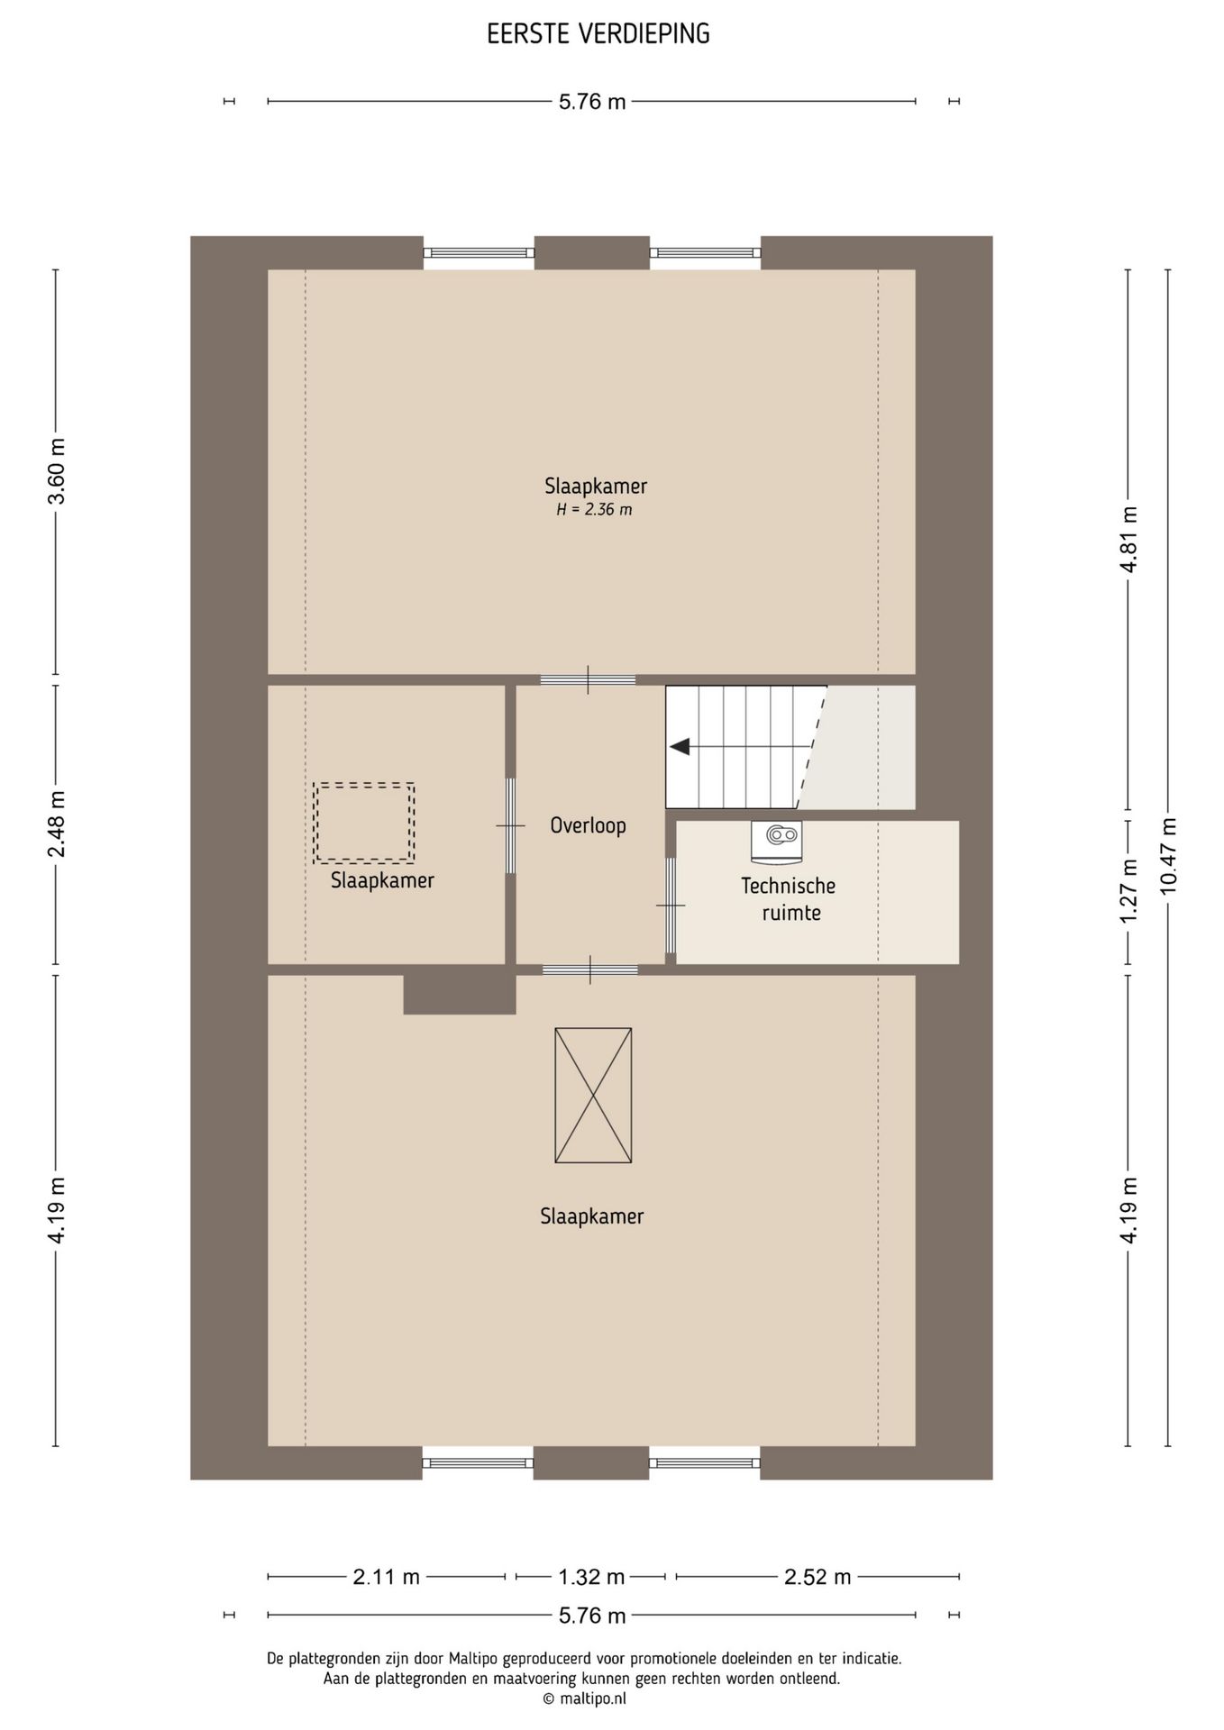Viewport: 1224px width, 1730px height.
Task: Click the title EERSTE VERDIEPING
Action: (x=598, y=34)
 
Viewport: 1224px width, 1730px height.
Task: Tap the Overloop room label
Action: (x=588, y=825)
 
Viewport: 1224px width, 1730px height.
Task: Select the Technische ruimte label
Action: (x=790, y=899)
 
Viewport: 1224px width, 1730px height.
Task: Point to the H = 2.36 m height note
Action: (x=594, y=510)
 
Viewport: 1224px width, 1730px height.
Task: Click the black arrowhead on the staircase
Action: (x=680, y=747)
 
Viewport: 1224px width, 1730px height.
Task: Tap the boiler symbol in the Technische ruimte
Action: (x=776, y=837)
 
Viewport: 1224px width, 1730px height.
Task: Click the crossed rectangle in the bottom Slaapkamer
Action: (x=593, y=1095)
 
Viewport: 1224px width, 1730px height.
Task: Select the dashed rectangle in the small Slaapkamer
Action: (x=364, y=823)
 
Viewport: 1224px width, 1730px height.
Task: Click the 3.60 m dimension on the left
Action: (x=56, y=473)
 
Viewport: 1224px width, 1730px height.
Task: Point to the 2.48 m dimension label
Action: (x=56, y=824)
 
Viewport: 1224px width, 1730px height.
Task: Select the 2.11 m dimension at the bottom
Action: (x=386, y=1577)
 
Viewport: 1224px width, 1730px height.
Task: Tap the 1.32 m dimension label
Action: (x=591, y=1577)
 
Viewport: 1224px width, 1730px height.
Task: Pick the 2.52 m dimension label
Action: (x=818, y=1577)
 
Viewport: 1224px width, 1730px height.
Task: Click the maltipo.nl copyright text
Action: (x=584, y=1698)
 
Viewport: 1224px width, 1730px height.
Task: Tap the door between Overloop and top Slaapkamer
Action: (x=588, y=679)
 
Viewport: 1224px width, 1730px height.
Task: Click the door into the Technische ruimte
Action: (x=670, y=905)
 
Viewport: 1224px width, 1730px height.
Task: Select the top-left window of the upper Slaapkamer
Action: (x=479, y=253)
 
